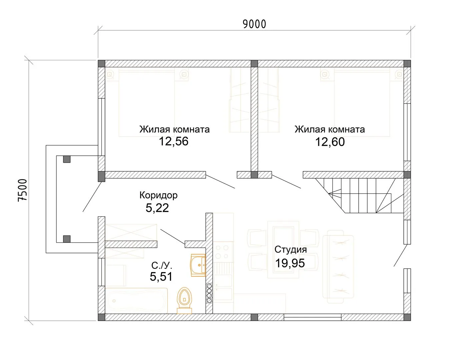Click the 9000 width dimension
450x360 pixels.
254,24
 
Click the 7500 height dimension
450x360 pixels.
23,190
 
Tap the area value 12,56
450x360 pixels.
174,141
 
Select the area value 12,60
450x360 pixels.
330,142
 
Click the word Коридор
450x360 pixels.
159,195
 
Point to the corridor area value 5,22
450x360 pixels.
157,208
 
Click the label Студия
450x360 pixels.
291,250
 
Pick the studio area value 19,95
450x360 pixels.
290,263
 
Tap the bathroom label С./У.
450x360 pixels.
162,266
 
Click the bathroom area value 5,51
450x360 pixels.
161,276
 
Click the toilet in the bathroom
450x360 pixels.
184,301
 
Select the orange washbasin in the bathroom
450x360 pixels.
198,265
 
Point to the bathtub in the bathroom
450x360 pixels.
136,301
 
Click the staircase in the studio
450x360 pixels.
360,196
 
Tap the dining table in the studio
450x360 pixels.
283,250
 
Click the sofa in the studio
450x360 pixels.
338,267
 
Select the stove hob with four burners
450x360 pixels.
222,252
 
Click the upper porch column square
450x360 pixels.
67,159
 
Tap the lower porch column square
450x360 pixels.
67,239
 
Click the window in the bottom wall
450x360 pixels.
313,317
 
